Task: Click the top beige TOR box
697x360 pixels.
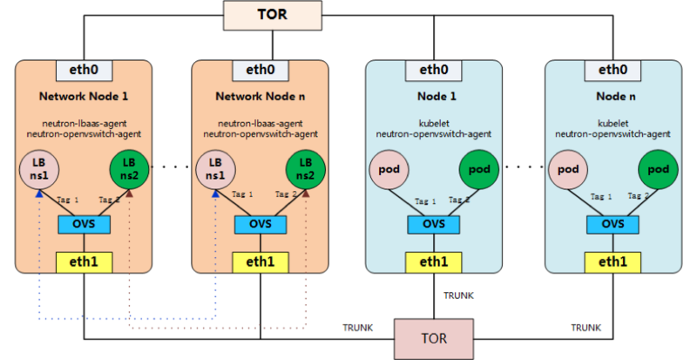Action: click(273, 15)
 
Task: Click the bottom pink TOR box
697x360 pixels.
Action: click(434, 339)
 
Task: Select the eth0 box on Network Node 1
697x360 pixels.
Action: click(84, 71)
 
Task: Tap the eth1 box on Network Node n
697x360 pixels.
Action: click(261, 262)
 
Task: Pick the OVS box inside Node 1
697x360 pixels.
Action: click(433, 224)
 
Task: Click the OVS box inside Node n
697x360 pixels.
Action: click(612, 224)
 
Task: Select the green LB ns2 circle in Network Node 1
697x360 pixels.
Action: click(129, 169)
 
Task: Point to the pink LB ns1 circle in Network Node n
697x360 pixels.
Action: click(215, 169)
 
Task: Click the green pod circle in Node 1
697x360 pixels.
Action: click(478, 169)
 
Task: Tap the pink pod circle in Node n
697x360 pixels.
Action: click(568, 169)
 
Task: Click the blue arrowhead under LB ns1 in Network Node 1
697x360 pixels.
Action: click(39, 194)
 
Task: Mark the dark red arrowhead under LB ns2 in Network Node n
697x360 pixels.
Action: click(306, 194)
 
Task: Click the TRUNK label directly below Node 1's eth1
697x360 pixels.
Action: click(459, 295)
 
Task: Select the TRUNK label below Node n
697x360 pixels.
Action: click(586, 328)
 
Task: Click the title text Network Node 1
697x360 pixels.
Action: click(84, 96)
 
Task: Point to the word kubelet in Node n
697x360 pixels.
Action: click(613, 123)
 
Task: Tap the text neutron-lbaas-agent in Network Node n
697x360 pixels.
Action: click(261, 123)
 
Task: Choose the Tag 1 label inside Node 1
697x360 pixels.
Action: click(425, 201)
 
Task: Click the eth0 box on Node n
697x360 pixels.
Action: click(612, 71)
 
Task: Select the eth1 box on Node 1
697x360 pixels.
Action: click(433, 262)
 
